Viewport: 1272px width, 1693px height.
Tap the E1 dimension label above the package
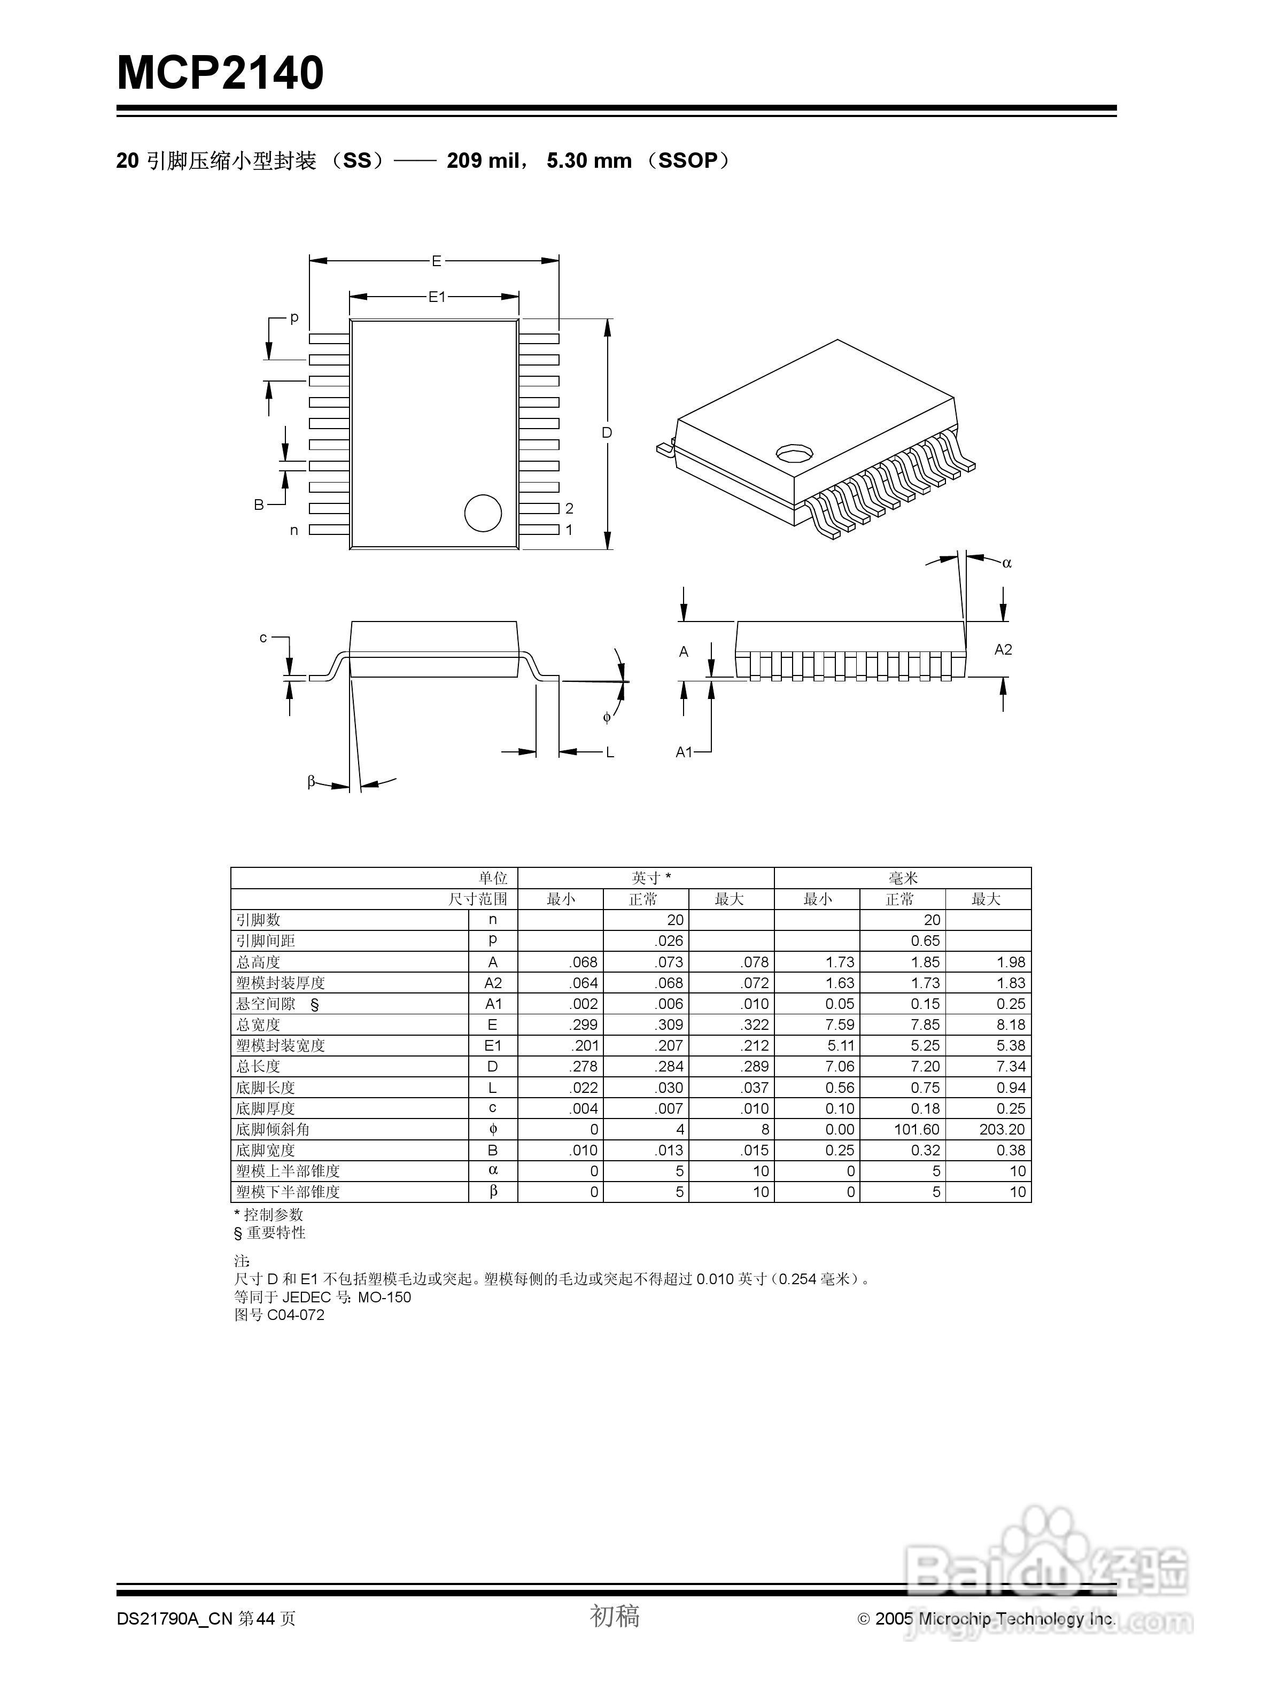[436, 297]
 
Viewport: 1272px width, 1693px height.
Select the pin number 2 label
[569, 508]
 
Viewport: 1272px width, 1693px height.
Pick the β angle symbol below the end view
[312, 781]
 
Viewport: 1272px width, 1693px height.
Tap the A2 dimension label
[1003, 650]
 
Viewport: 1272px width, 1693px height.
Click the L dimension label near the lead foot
[610, 753]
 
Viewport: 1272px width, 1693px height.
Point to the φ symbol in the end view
[607, 717]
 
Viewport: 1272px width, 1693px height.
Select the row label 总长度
[258, 1067]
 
